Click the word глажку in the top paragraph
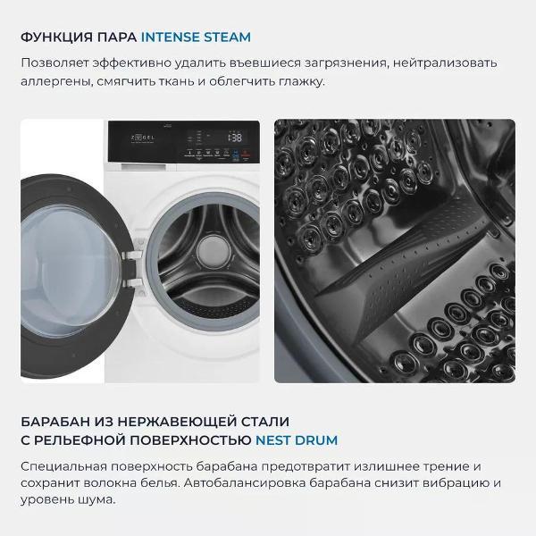pos(302,81)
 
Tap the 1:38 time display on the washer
pos(233,138)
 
